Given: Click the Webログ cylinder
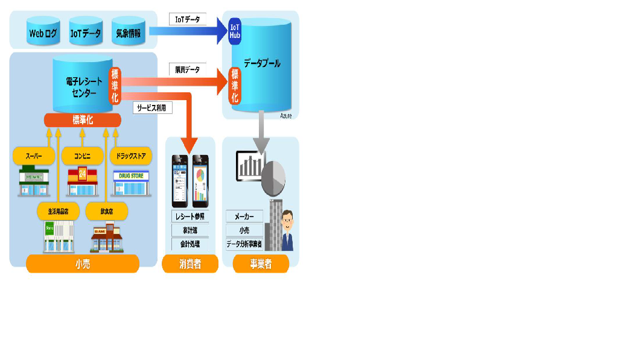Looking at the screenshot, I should (43, 33).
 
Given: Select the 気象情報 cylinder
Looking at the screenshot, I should (128, 33).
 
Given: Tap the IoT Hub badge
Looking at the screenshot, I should (235, 31).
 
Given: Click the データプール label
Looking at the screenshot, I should (262, 63).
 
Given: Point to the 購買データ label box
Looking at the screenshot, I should (188, 70).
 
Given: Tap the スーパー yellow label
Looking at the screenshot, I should (34, 156).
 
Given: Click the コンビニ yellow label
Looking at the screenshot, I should (83, 156).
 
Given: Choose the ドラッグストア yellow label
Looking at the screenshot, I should (131, 156).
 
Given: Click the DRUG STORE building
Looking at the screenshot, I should (131, 183).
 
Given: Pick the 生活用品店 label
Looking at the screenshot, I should (58, 211).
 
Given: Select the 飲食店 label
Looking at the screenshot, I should (107, 211).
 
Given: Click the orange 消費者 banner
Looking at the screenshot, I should (190, 264).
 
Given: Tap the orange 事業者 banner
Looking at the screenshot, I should (261, 264).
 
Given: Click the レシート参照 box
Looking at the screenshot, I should (190, 216).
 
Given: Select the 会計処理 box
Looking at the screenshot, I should (190, 244).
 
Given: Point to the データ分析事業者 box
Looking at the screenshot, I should (244, 244).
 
